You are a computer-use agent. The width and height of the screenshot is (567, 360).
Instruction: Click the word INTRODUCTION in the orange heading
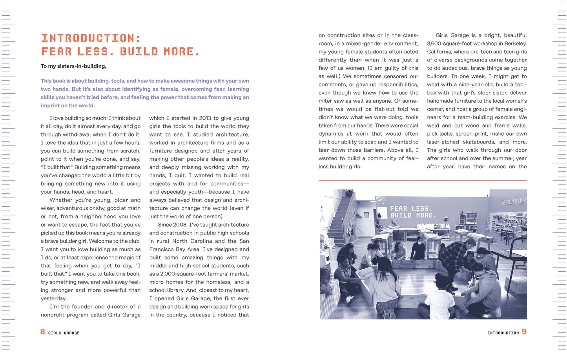(x=88, y=38)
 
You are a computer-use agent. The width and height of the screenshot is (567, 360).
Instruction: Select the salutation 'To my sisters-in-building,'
(x=73, y=66)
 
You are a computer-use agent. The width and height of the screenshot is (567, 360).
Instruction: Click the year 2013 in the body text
(x=204, y=118)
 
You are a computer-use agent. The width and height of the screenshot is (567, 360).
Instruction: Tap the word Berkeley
(x=513, y=44)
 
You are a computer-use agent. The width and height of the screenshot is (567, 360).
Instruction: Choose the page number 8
(x=42, y=332)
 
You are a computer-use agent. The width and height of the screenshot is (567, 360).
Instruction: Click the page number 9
(x=524, y=332)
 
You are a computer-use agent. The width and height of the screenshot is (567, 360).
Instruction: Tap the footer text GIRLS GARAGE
(x=64, y=333)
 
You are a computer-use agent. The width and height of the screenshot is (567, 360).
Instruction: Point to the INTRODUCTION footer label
(x=503, y=333)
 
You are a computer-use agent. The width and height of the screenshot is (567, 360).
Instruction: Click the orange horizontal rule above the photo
(x=423, y=180)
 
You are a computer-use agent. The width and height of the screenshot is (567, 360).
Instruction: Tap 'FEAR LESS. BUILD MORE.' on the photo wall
(x=411, y=212)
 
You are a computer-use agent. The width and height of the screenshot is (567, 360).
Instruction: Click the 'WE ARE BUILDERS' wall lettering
(x=514, y=202)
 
